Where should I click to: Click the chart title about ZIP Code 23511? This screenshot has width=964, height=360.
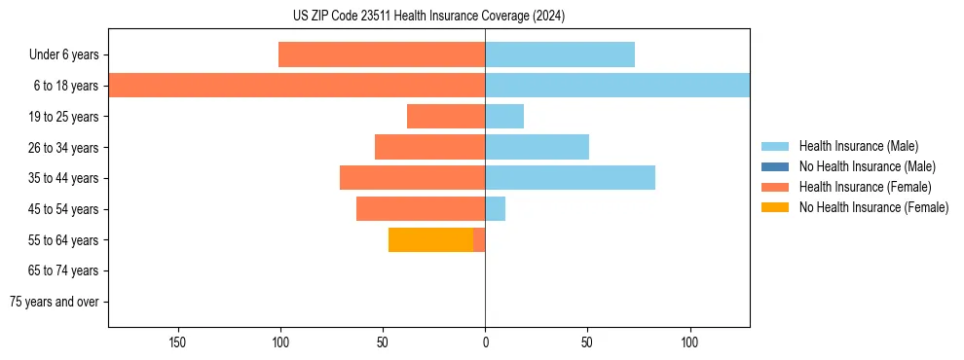[428, 17]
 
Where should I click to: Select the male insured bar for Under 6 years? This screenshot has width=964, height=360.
[560, 54]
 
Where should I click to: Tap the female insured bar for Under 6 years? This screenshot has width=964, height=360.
[382, 54]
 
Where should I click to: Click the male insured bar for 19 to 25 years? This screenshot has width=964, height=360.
[504, 117]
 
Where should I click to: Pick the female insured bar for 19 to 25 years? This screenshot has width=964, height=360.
[446, 117]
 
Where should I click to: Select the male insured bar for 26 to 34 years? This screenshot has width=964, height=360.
[537, 147]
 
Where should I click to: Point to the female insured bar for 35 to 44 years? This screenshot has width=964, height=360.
[412, 178]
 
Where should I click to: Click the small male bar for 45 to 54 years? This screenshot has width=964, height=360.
[496, 209]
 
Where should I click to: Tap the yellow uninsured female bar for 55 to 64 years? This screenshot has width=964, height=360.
[430, 239]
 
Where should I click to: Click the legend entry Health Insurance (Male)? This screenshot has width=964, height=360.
[858, 146]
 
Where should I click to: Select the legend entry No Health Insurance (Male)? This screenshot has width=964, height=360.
[867, 166]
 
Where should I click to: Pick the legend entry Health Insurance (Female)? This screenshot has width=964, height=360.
[865, 187]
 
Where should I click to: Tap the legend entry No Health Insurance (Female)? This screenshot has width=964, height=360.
[873, 207]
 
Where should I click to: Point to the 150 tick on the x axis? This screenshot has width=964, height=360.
[177, 342]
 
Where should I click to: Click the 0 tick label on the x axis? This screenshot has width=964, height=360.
[485, 342]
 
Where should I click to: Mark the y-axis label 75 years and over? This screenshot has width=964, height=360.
[55, 302]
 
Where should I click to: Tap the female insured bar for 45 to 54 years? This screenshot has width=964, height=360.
[421, 209]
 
